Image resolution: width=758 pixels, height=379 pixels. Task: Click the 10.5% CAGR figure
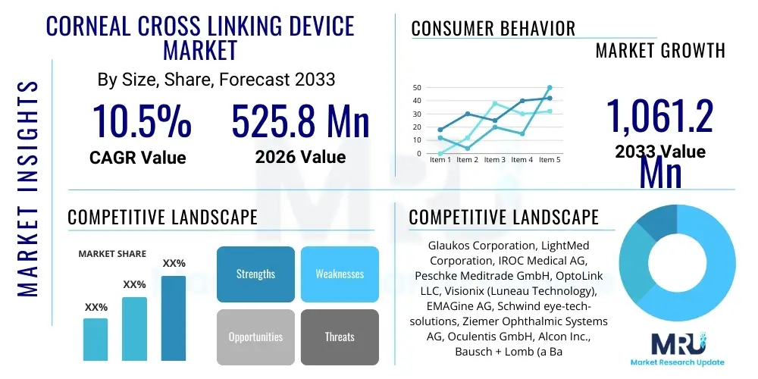[x=142, y=121]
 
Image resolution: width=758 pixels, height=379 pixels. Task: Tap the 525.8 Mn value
[x=300, y=121]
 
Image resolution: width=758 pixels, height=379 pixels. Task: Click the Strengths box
[x=255, y=274]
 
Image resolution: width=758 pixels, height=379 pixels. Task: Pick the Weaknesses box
[x=339, y=274]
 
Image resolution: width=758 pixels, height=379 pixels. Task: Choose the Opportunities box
[x=255, y=337]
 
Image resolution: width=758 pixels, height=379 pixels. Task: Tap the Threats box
[x=339, y=337]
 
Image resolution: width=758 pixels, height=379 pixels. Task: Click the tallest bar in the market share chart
[x=174, y=318]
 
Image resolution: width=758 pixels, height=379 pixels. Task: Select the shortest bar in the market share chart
[x=96, y=339]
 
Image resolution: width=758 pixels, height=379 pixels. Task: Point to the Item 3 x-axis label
[x=494, y=160]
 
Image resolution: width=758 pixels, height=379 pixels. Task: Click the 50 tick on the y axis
[x=417, y=87]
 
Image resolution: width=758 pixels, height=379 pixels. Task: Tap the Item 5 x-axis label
[x=549, y=160]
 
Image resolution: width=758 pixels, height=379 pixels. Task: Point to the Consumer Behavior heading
[x=493, y=29]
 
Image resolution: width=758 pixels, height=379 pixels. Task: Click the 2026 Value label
[x=300, y=157]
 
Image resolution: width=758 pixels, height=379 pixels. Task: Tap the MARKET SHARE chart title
[x=112, y=254]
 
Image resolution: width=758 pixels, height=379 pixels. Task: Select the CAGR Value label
[x=137, y=157]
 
